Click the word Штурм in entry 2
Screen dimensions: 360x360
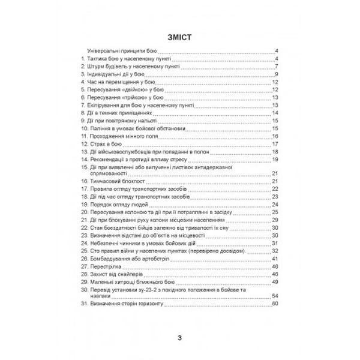95,67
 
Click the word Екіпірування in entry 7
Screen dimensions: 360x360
107,104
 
